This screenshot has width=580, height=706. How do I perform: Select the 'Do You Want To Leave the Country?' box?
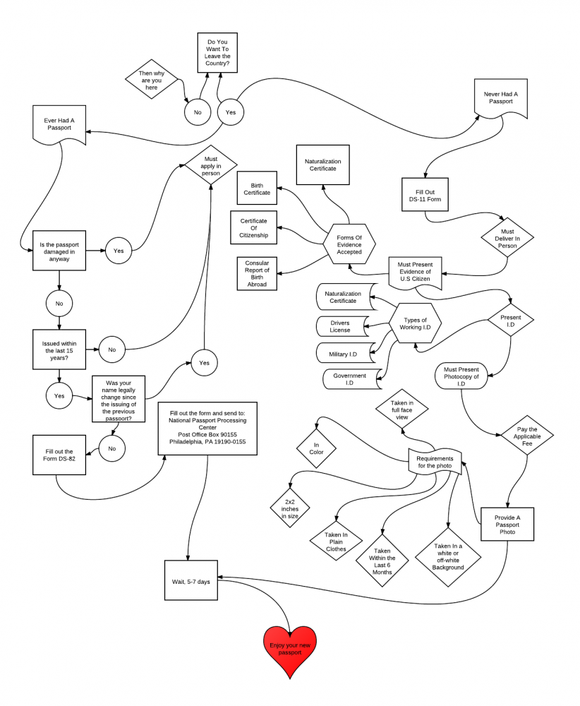coord(217,53)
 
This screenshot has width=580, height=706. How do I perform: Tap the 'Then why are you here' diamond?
coord(152,79)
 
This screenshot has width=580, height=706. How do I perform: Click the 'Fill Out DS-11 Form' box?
coord(425,195)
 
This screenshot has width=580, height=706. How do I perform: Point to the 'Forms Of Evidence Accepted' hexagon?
coord(349,244)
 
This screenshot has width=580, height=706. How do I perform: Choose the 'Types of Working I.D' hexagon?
coord(415,323)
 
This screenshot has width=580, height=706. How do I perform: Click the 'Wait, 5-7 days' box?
coord(191,580)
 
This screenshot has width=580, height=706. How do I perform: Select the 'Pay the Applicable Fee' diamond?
coord(527,436)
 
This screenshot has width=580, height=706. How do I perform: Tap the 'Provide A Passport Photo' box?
coord(507,525)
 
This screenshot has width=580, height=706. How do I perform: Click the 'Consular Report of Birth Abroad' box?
coord(257,274)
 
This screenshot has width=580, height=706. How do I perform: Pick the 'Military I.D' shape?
coord(346,353)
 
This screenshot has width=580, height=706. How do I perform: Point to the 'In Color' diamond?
coord(316,448)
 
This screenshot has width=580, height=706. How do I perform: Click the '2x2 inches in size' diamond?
coord(290,508)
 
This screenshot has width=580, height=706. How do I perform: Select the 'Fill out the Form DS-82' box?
coord(59,455)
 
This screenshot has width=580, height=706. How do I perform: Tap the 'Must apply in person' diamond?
coord(210,164)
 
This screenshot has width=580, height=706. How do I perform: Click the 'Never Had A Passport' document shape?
coord(501,99)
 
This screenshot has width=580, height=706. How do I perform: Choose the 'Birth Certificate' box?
coord(257,188)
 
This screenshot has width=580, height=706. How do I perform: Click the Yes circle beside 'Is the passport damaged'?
coord(119,251)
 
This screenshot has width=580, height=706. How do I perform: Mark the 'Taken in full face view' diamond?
coord(401,409)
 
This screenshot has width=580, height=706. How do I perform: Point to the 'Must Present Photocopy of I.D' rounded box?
coord(461,376)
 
